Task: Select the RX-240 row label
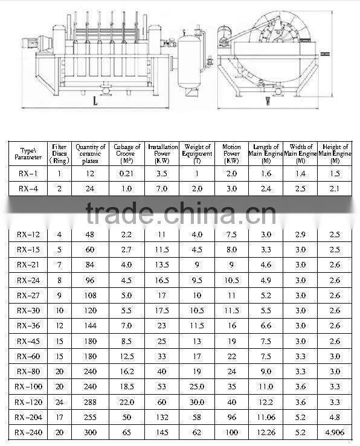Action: click(x=28, y=432)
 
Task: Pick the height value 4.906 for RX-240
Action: click(x=334, y=432)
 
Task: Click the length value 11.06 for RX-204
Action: click(x=266, y=417)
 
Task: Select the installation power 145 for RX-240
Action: click(x=162, y=432)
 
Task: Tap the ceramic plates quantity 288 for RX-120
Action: click(x=91, y=402)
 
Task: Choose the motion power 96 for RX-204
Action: click(x=231, y=417)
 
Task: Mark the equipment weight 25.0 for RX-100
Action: click(x=197, y=387)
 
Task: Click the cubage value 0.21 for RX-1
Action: click(x=127, y=173)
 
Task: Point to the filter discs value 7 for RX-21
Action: click(x=59, y=265)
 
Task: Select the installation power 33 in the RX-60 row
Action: click(x=162, y=356)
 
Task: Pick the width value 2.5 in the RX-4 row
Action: click(x=301, y=189)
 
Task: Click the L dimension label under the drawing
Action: click(x=96, y=101)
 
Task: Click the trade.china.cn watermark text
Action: click(x=180, y=212)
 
